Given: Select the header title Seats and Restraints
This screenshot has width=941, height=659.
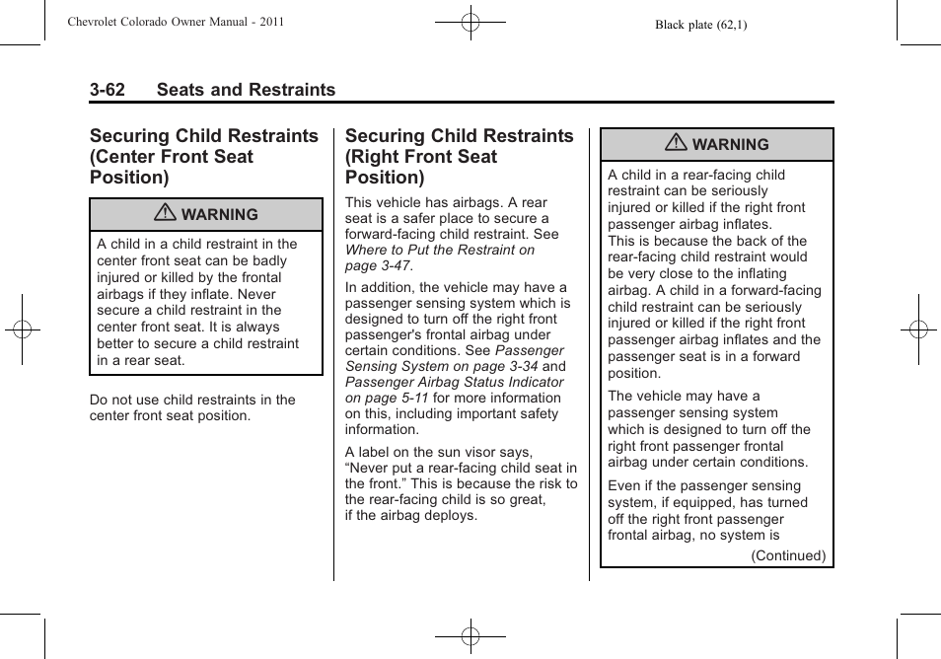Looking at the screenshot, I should tap(246, 90).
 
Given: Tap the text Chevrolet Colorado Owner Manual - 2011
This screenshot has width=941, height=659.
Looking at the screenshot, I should tap(176, 21).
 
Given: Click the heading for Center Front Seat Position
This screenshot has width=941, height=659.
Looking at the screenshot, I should tap(204, 156).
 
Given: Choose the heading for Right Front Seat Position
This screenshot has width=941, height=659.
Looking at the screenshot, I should tap(459, 156).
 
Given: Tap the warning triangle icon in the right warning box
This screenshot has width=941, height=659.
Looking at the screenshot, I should tap(676, 144).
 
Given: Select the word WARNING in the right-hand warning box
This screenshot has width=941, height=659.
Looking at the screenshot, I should tap(730, 145).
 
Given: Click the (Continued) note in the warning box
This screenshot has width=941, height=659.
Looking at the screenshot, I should tap(788, 555).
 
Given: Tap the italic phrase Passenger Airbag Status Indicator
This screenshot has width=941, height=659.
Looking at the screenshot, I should tap(455, 382).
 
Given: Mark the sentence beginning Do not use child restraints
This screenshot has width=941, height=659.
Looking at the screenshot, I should tap(192, 407).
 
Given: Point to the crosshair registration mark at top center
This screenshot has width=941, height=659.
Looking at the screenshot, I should tap(470, 21).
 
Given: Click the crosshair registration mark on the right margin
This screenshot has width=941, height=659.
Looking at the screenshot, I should tap(917, 329).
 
